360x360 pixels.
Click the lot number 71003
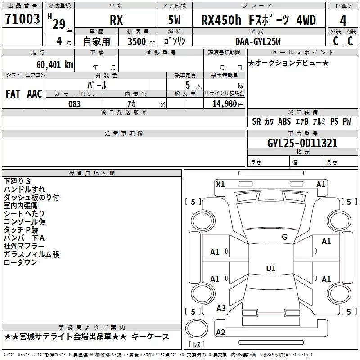pyautogui.click(x=22, y=19)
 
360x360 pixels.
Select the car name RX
pyautogui.click(x=117, y=20)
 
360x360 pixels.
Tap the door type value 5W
pyautogui.click(x=174, y=20)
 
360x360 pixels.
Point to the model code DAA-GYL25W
pyautogui.click(x=258, y=41)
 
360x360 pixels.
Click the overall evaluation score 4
pyautogui.click(x=343, y=21)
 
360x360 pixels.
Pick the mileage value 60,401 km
pyautogui.click(x=55, y=65)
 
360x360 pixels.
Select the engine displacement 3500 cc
pyautogui.click(x=141, y=41)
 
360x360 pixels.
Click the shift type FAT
pyautogui.click(x=13, y=94)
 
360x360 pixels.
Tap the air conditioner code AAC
pyautogui.click(x=35, y=94)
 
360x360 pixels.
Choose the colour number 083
pyautogui.click(x=75, y=104)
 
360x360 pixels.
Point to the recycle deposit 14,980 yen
pyautogui.click(x=228, y=104)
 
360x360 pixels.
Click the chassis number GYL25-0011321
pyautogui.click(x=302, y=143)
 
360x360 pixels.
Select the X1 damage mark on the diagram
pyautogui.click(x=220, y=184)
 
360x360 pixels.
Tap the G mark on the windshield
pyautogui.click(x=284, y=237)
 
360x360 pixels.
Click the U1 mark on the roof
pyautogui.click(x=271, y=268)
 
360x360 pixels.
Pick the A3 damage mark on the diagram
pyautogui.click(x=221, y=308)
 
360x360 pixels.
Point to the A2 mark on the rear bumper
pyautogui.click(x=220, y=333)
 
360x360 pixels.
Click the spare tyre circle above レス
pyautogui.click(x=197, y=328)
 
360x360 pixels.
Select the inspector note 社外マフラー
pyautogui.click(x=24, y=246)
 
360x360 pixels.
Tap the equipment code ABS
pyautogui.click(x=284, y=121)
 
